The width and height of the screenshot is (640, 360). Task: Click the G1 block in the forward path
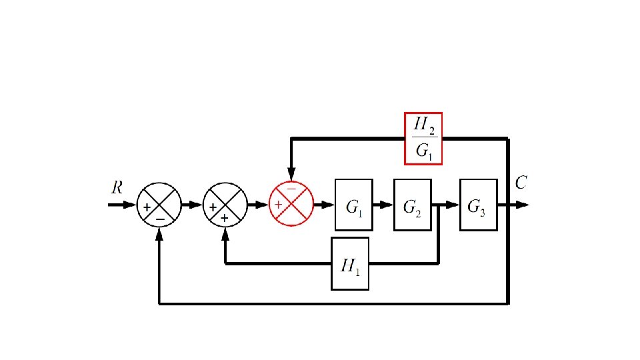pos(353,205)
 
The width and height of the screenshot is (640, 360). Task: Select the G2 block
pos(412,205)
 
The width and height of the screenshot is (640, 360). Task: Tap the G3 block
pos(478,205)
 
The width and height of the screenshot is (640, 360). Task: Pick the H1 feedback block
pos(350,264)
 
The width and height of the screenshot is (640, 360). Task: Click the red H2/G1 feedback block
pos(424,139)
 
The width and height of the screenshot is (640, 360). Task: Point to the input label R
pos(117,188)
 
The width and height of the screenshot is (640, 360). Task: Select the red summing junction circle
pos(291,204)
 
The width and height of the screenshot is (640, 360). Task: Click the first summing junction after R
pos(159,205)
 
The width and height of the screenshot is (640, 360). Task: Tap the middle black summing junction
pos(225,205)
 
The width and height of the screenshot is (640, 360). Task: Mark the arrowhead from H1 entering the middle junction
pos(225,233)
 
